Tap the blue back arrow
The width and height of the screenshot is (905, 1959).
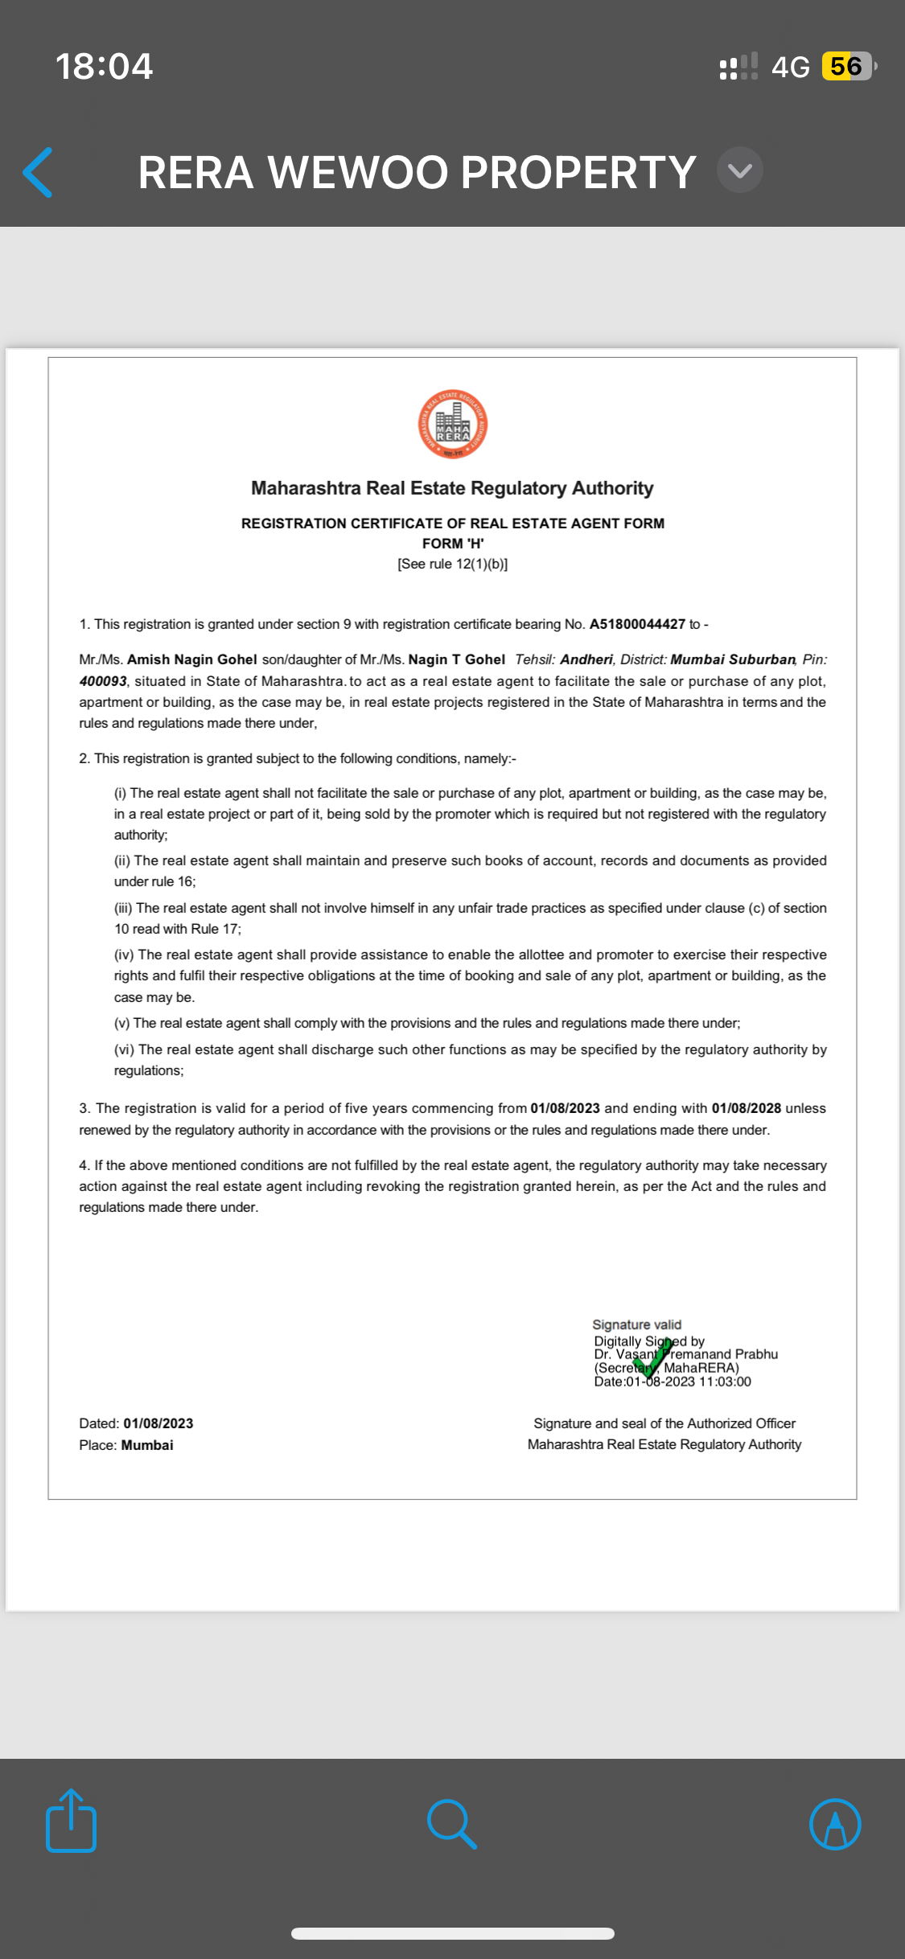pos(38,172)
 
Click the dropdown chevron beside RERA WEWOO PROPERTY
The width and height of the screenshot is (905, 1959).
pos(739,170)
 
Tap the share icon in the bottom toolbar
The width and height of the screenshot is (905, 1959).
pos(72,1822)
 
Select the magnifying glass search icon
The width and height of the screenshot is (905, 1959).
pos(452,1823)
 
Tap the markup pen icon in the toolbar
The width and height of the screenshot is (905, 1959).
pos(834,1823)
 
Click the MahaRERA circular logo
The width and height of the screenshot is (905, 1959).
pos(453,425)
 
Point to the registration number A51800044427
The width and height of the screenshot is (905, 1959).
pos(637,624)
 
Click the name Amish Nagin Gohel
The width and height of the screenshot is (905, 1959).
pos(191,659)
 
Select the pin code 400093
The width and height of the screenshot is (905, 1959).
pos(103,681)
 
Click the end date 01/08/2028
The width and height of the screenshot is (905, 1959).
pos(746,1108)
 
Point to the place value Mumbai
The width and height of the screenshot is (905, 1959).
pos(147,1445)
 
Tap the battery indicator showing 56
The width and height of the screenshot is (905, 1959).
pos(847,67)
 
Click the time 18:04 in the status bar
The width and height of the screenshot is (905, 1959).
pos(104,67)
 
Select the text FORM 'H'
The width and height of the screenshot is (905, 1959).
pos(453,544)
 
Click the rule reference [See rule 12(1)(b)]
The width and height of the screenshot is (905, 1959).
pos(453,564)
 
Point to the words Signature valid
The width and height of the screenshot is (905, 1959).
pos(636,1324)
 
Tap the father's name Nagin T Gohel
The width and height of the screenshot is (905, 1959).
pos(456,659)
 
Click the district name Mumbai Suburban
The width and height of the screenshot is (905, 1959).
pos(732,659)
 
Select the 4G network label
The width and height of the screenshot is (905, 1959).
pos(790,67)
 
